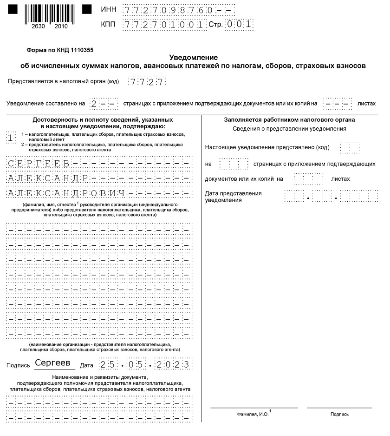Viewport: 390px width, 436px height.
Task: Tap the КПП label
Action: (108, 25)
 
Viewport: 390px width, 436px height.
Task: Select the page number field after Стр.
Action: (239, 24)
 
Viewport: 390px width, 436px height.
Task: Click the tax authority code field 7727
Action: (146, 82)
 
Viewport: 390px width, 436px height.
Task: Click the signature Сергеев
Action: (52, 363)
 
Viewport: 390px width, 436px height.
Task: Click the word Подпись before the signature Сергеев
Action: (19, 365)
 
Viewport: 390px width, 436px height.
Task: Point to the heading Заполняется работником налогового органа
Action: (289, 119)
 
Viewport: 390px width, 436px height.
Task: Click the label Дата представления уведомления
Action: (233, 197)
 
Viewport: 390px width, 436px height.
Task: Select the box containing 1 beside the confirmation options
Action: (11, 137)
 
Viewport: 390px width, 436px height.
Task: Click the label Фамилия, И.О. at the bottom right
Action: (253, 414)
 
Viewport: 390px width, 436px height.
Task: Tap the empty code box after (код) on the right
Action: (346, 147)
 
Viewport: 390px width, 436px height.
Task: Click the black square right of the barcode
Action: (87, 9)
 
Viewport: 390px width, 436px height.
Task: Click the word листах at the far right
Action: (366, 103)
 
